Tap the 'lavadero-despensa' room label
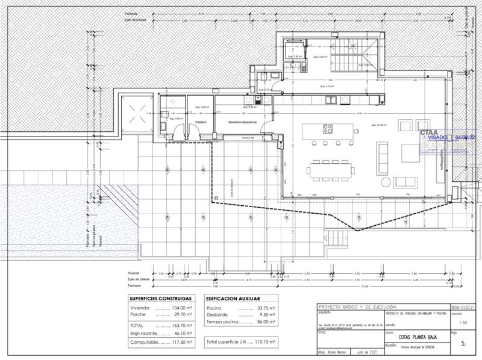(x=242, y=122)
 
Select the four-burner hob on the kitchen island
(x=328, y=128)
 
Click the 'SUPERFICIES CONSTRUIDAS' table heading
(x=161, y=298)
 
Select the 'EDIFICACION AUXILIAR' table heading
(x=233, y=298)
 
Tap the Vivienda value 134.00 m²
(x=180, y=308)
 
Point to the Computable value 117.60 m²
(x=180, y=341)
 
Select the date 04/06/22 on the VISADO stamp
(x=468, y=137)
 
